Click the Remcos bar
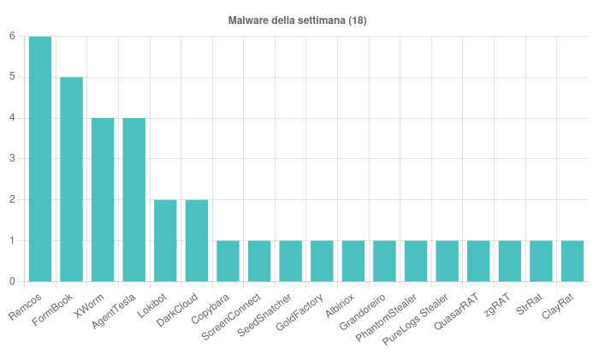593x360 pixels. tap(40, 159)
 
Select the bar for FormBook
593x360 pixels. tap(72, 180)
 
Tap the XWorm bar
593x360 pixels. tap(103, 200)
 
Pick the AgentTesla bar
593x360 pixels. tap(134, 200)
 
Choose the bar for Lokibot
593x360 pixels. tap(165, 240)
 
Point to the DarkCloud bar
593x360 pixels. tap(197, 240)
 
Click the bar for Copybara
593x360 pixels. tap(228, 261)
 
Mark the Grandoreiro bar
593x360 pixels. tap(384, 261)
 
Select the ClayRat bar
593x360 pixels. tap(572, 261)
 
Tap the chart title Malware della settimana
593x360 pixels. tap(297, 20)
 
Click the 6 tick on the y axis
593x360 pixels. tap(12, 36)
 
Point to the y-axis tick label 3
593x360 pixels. tap(12, 159)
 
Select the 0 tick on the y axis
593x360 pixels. tap(12, 281)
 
